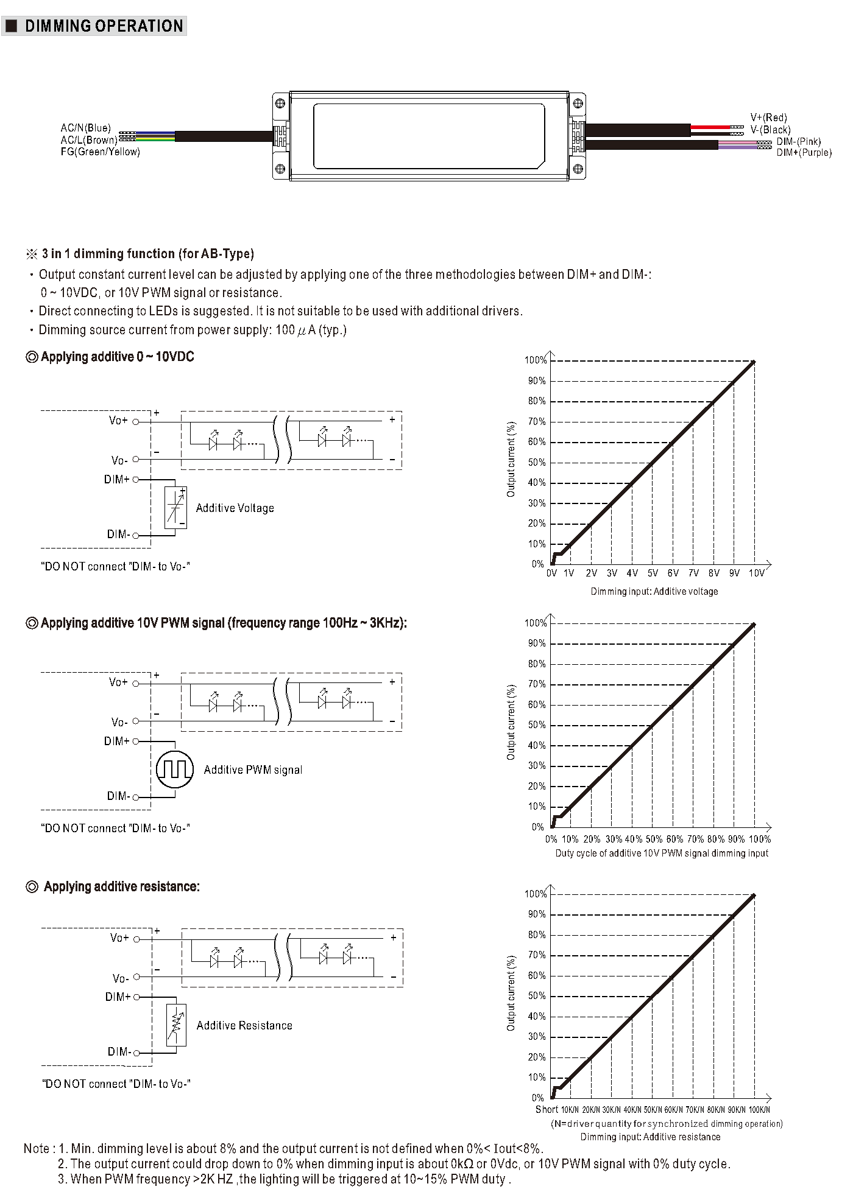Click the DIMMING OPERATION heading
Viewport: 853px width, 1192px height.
tap(104, 26)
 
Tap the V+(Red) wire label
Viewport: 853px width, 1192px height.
tap(768, 117)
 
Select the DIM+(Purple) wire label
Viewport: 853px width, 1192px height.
tap(804, 152)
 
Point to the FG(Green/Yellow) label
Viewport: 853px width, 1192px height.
tap(101, 152)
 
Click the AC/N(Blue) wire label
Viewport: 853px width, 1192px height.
tap(86, 128)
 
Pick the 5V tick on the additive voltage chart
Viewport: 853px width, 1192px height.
tap(653, 573)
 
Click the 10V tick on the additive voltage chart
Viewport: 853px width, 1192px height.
tap(756, 573)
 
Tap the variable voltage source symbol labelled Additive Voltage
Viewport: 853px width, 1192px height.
tap(175, 507)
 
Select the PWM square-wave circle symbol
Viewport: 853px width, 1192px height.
tap(175, 770)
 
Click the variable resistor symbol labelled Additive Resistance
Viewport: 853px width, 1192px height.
tap(176, 1025)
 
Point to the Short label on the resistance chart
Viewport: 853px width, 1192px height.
tap(547, 1109)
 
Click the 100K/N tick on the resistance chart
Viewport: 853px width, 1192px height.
tap(759, 1110)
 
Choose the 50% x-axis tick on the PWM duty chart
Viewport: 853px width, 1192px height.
tap(654, 839)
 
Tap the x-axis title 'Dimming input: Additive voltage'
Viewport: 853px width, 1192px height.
tap(654, 591)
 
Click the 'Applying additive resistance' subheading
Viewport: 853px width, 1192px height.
tap(121, 886)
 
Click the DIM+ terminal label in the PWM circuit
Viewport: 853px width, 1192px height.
tap(116, 741)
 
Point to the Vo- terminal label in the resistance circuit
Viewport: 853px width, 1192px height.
tap(120, 978)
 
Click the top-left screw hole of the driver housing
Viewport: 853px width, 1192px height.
tap(280, 103)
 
